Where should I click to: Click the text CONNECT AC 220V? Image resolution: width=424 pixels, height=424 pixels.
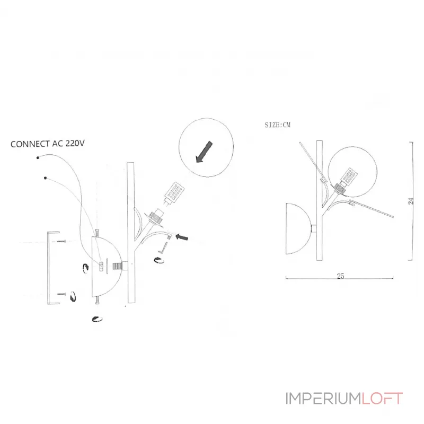tap(48, 144)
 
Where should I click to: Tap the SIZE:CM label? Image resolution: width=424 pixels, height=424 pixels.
tap(278, 125)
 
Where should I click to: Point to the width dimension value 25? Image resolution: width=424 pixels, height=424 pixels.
tap(340, 276)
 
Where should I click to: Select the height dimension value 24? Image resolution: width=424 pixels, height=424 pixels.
tap(410, 201)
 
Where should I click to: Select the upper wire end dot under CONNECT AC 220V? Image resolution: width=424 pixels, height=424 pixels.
tap(38, 157)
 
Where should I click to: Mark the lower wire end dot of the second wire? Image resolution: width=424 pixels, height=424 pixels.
tap(46, 178)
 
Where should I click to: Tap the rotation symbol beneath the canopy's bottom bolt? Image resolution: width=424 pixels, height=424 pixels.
tap(97, 319)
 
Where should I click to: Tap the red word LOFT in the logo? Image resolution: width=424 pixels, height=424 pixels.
tap(383, 399)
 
